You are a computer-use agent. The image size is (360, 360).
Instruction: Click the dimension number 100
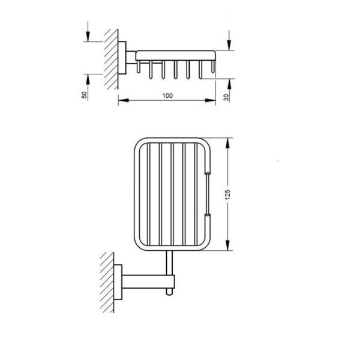coord(167,95)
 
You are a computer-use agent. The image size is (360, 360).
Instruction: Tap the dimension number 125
coord(227,194)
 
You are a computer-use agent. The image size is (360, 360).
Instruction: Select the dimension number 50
coord(84,95)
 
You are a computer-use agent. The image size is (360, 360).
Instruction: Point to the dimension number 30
coord(226,97)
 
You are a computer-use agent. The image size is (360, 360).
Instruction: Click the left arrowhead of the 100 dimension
coord(123,100)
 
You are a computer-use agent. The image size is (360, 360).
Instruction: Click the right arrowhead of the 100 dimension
coord(211,100)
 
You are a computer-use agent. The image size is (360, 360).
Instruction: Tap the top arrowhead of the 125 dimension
coord(227,143)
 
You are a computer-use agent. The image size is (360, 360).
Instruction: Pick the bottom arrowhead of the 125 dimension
coord(227,245)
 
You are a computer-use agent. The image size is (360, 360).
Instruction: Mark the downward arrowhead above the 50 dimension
coord(88,37)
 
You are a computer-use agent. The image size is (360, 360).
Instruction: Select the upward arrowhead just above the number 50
coord(88,79)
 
